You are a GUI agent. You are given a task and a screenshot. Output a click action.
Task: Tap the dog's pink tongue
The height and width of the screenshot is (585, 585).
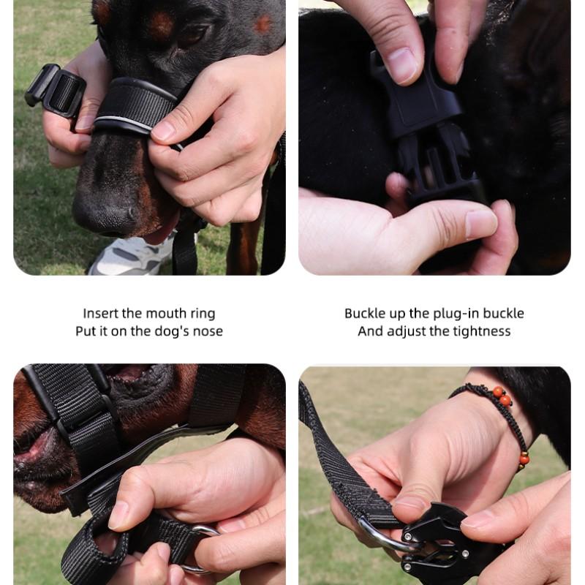point(161,233)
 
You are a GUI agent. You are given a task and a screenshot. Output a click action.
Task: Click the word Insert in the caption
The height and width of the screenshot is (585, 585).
point(100,314)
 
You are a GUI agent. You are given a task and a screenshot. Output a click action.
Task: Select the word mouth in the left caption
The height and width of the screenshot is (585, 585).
point(168,314)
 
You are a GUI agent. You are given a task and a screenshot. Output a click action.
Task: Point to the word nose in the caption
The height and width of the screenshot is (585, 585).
point(208,331)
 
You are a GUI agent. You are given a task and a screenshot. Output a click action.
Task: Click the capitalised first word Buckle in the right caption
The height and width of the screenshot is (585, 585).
point(365,314)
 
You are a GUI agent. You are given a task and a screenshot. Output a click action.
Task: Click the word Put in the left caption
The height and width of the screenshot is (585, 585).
point(86,331)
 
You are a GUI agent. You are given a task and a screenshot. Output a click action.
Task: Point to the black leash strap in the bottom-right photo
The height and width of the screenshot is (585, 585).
point(336,453)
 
